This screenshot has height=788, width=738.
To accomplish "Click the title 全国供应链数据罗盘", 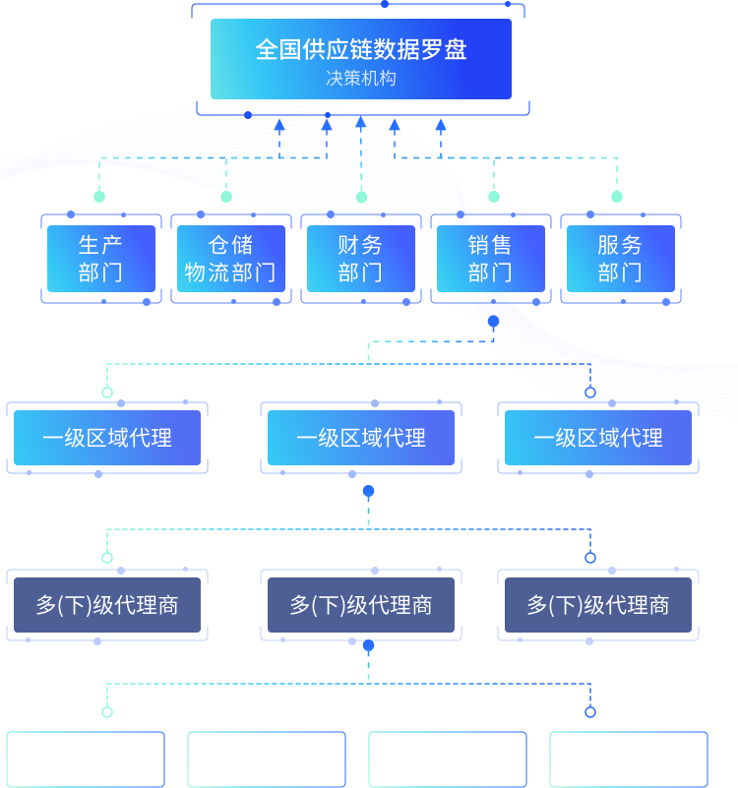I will [360, 49].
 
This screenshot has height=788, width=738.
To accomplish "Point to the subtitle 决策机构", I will [360, 79].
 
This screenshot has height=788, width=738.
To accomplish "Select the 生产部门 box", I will [101, 259].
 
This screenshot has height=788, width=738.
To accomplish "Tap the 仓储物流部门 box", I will [231, 259].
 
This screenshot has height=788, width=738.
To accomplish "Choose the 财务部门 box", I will [361, 259].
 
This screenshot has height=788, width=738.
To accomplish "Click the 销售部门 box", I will [491, 259].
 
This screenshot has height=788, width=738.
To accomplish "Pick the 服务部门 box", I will [621, 259].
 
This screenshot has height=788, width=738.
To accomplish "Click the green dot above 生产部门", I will [99, 197].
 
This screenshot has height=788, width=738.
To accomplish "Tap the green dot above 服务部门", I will [617, 197].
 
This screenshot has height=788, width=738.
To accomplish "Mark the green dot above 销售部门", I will [494, 197].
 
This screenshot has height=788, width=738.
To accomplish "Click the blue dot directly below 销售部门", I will [493, 321].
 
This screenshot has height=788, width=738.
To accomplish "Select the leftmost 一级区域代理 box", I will [107, 438].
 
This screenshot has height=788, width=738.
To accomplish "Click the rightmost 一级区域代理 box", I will [598, 438].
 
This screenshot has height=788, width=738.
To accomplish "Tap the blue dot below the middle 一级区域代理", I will [368, 491].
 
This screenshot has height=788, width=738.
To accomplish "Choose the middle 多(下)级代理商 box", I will [361, 605].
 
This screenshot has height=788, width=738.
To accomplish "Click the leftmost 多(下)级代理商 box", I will [107, 605].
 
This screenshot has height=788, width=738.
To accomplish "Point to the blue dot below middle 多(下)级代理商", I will [368, 646].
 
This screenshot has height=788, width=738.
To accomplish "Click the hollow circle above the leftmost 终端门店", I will [107, 712].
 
